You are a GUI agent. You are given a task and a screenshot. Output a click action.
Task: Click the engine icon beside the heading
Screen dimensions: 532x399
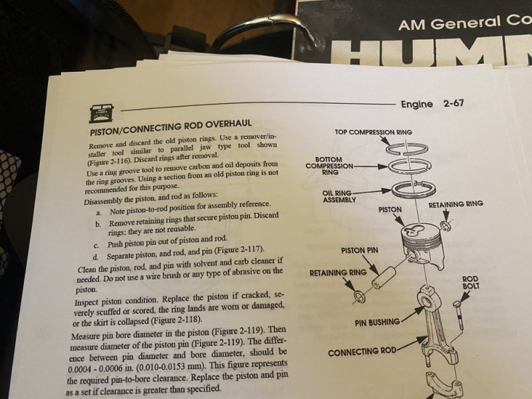coord(101,113)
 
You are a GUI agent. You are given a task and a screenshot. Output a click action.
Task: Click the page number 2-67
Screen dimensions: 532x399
coord(454,103)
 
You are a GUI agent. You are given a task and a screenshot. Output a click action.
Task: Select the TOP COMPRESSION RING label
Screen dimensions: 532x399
coord(374,132)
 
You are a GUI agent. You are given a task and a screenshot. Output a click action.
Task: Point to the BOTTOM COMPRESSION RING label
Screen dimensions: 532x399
coord(329,166)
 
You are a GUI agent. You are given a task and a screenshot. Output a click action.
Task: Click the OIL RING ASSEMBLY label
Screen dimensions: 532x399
coord(338,196)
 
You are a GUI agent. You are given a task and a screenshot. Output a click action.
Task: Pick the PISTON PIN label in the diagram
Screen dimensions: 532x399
coord(359,251)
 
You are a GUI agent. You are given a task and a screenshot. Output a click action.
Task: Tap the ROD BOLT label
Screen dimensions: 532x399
coord(471,283)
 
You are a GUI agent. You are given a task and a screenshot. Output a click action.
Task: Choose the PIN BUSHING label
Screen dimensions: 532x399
coord(377,323)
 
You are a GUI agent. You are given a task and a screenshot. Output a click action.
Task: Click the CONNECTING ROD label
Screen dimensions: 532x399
coord(362,352)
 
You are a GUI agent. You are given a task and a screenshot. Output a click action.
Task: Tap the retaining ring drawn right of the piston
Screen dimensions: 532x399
coord(445,225)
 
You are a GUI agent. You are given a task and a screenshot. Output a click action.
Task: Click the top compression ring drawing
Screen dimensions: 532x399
coord(407,148)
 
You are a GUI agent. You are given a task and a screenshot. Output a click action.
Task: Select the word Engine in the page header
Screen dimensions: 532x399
coord(417,104)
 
